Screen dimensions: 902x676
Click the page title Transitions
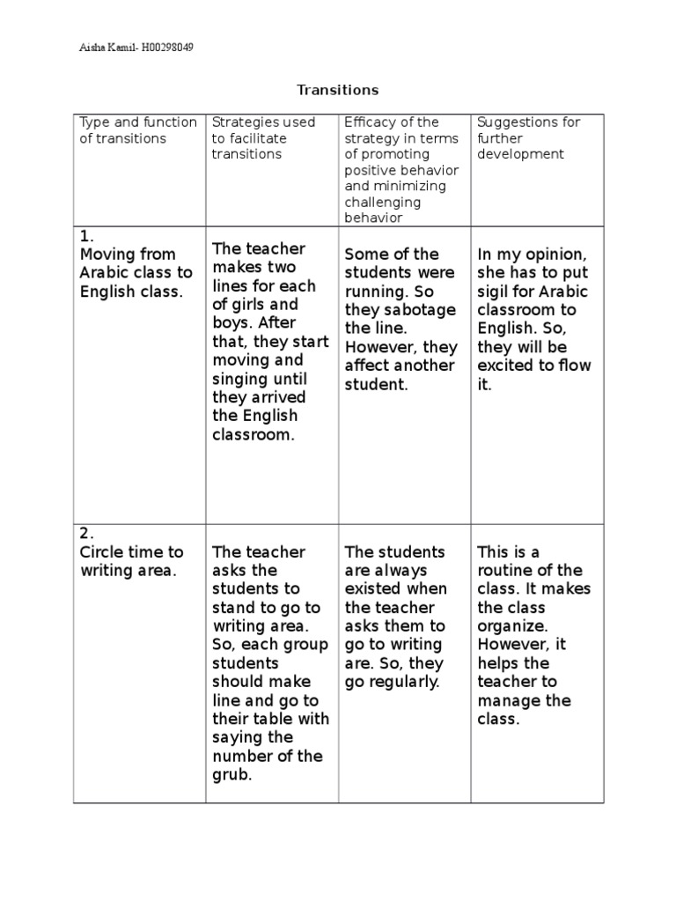(x=337, y=90)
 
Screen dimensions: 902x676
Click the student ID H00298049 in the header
(x=164, y=48)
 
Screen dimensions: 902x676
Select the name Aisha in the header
(x=92, y=48)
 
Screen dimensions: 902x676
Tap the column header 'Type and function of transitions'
(x=137, y=130)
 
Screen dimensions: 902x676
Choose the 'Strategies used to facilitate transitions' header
(x=262, y=137)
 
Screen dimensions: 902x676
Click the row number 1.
(x=85, y=236)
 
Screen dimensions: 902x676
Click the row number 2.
(x=85, y=533)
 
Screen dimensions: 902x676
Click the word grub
(x=231, y=775)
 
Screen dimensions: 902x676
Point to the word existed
(x=374, y=589)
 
